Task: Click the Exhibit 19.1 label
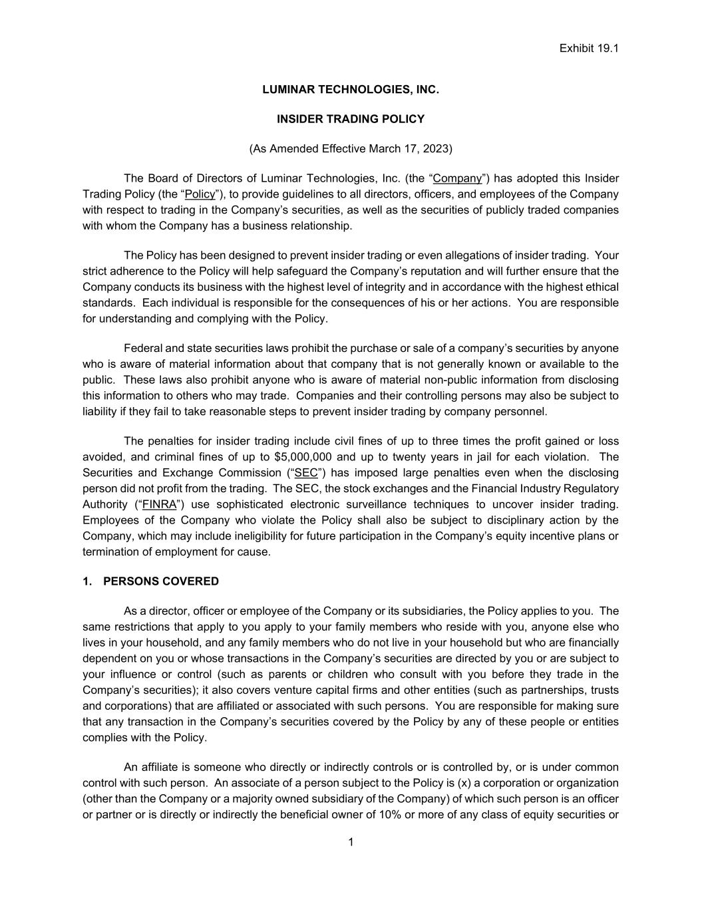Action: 589,49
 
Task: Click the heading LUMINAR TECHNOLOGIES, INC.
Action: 351,89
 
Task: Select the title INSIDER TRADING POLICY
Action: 351,119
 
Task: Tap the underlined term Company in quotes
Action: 457,178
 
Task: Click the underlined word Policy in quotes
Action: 200,194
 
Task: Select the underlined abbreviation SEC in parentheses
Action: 305,473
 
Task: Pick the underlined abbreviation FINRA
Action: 159,504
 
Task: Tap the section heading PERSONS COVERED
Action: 161,581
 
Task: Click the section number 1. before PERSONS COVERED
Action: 87,581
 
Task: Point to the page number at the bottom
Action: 351,843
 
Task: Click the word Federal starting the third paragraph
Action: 143,349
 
